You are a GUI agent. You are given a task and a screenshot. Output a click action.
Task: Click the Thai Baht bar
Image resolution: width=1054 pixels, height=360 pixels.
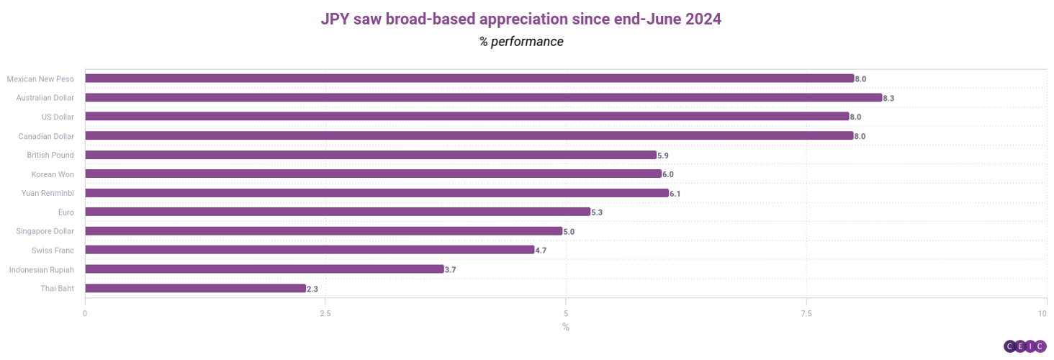195,288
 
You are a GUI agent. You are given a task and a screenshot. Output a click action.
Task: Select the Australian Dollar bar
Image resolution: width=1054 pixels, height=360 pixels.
483,97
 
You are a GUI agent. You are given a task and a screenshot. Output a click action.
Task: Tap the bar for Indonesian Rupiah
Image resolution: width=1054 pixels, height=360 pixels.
264,269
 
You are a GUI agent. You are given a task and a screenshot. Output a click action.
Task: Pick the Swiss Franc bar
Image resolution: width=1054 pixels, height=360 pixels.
310,250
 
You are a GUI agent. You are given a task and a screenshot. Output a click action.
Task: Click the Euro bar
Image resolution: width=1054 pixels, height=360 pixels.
338,212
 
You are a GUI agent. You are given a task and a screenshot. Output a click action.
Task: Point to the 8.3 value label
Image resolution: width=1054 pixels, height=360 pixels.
888,98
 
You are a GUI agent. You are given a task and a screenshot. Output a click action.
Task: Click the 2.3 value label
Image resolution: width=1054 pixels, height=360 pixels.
312,289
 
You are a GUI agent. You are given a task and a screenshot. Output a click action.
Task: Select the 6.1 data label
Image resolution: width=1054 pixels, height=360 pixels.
675,194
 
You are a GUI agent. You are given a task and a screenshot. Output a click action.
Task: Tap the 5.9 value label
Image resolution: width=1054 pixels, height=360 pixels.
663,155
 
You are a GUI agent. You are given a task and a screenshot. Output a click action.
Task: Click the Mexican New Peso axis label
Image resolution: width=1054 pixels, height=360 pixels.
40,78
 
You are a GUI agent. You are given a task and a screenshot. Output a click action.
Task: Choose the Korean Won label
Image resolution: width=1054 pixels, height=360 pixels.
53,174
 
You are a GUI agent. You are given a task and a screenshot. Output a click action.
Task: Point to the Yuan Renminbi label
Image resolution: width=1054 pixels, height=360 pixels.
48,193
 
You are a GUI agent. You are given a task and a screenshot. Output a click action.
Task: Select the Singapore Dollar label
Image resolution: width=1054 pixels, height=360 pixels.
45,231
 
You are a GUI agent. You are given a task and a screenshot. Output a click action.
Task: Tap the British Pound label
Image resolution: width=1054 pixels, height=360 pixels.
50,155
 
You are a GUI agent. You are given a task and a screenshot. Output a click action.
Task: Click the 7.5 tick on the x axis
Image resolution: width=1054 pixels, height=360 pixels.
806,313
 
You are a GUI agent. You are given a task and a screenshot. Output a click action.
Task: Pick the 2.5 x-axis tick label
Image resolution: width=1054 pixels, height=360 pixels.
325,313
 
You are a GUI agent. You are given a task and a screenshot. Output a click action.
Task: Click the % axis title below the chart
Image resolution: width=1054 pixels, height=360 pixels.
566,328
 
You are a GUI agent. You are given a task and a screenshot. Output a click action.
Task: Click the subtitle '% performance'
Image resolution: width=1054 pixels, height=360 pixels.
521,42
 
